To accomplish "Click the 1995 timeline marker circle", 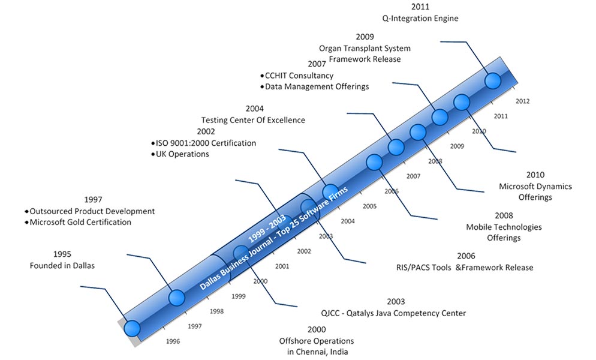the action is point(133,328).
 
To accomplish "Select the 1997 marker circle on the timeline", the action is point(176,297).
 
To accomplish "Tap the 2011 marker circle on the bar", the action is point(493,80).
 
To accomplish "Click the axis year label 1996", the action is point(173,341).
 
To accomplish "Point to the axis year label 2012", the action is point(523,101).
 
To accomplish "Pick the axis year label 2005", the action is point(369,206).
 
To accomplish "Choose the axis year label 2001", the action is point(282,266).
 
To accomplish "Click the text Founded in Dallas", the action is point(62,266).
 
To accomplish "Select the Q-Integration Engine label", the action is point(420,18).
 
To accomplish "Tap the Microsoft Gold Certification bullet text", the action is point(80,222).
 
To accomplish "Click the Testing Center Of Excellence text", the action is point(253,120).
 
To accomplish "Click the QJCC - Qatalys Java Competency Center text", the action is point(393,313).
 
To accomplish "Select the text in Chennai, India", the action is point(317,352).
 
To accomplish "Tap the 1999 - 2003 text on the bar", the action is point(267,229).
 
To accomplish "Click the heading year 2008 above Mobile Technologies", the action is point(504,216).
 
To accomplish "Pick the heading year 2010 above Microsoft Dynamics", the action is point(535,175).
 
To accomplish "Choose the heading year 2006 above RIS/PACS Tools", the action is point(466,256).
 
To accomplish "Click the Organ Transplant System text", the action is point(365,49).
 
